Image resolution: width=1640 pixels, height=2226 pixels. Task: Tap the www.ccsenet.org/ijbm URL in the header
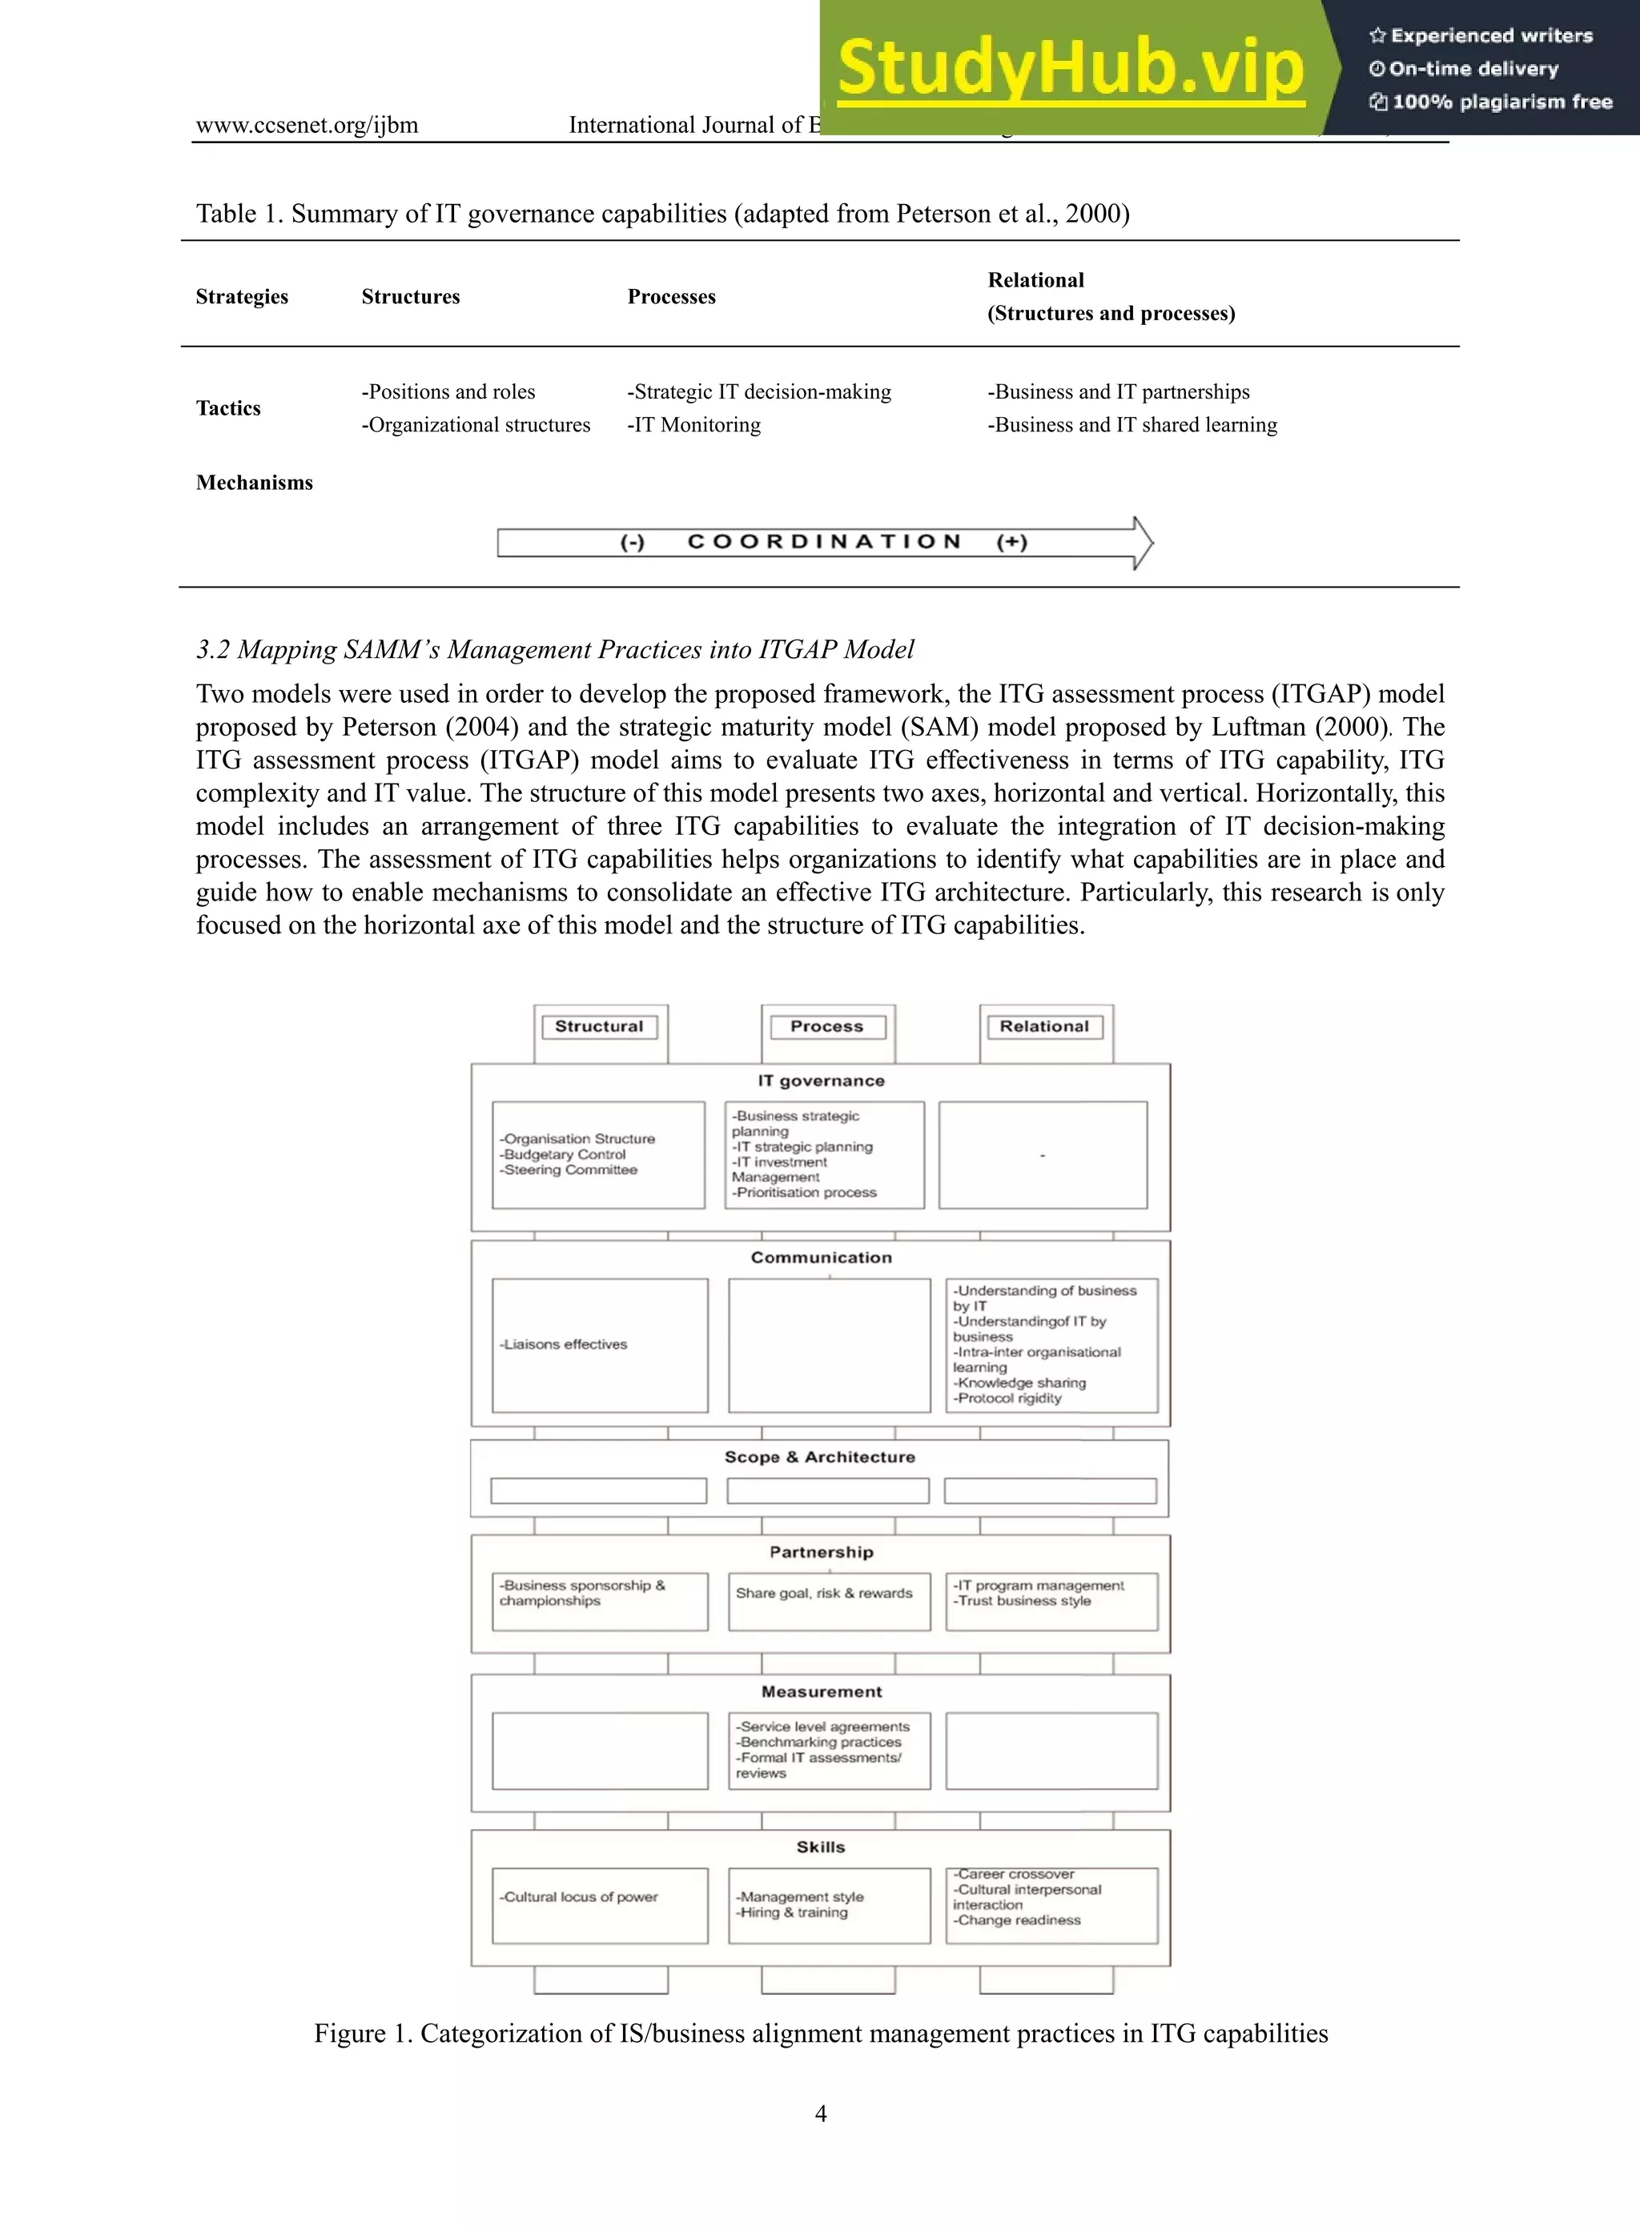307,125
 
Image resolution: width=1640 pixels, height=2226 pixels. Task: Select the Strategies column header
242,297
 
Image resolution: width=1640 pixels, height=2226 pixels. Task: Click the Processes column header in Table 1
671,297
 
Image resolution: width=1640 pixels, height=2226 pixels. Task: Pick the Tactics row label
228,408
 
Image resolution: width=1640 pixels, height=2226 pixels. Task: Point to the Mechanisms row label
254,483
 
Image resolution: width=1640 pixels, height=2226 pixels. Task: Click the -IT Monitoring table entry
694,425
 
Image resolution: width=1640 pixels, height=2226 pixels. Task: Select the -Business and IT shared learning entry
1132,425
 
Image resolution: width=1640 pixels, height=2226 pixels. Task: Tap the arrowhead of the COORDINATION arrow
1143,543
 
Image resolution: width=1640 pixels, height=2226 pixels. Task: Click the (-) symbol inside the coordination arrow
633,542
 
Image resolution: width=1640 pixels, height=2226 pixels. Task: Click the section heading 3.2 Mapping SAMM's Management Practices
554,650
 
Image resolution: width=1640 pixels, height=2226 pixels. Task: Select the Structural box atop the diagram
599,1026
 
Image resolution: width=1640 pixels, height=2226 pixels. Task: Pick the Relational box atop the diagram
1043,1026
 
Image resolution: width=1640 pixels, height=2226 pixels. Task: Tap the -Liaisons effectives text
564,1344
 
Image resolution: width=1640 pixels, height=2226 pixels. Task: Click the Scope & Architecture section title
819,1457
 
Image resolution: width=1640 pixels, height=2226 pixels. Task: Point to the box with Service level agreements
829,1750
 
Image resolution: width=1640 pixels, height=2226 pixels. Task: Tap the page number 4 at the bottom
820,2113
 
